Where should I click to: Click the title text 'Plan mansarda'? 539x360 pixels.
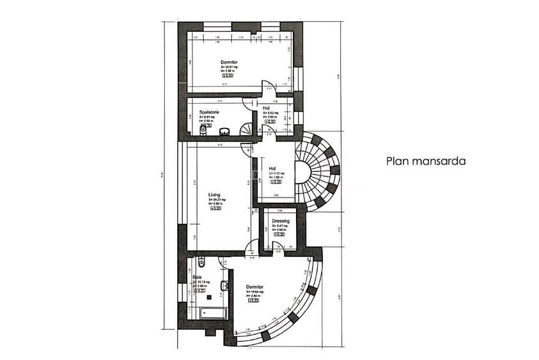click(425, 162)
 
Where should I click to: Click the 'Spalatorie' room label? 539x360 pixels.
click(209, 112)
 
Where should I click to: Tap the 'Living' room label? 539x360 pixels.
click(214, 195)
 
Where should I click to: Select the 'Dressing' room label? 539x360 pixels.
click(280, 221)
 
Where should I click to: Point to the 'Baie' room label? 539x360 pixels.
click(198, 277)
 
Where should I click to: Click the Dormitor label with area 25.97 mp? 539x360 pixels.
click(229, 62)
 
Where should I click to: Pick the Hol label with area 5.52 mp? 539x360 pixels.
click(275, 108)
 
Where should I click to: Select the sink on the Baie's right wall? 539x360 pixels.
click(224, 285)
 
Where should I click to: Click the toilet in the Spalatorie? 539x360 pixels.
click(203, 130)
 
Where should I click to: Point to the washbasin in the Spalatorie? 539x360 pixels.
click(224, 132)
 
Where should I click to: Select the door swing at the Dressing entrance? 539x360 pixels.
click(279, 246)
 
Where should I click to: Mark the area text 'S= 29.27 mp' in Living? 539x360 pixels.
click(217, 200)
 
